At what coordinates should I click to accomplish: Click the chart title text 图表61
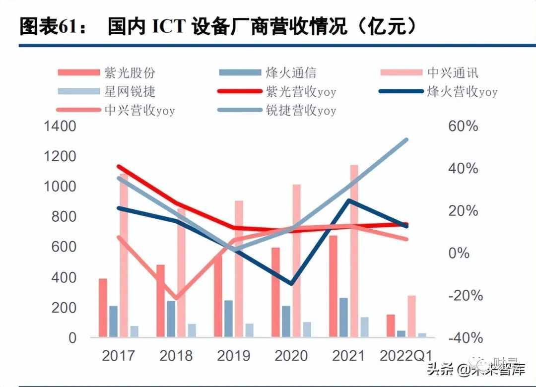coord(47,27)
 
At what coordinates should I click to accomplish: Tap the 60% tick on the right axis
coord(463,126)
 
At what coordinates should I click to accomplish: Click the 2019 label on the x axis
coord(234,356)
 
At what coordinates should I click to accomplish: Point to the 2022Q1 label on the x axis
coord(406,356)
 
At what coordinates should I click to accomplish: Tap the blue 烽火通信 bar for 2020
coord(286,321)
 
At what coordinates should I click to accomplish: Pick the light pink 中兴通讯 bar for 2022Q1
coord(411,316)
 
